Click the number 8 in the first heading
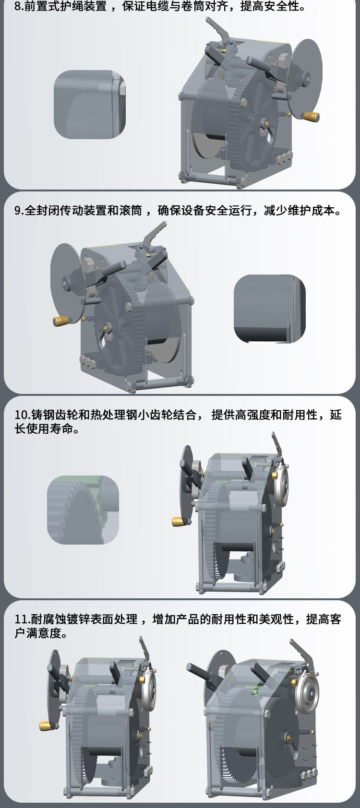(17, 7)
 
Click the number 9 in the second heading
(17, 211)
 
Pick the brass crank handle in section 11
(46, 725)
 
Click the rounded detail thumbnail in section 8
(90, 105)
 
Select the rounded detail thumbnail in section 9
(270, 309)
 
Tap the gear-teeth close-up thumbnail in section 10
(83, 510)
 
